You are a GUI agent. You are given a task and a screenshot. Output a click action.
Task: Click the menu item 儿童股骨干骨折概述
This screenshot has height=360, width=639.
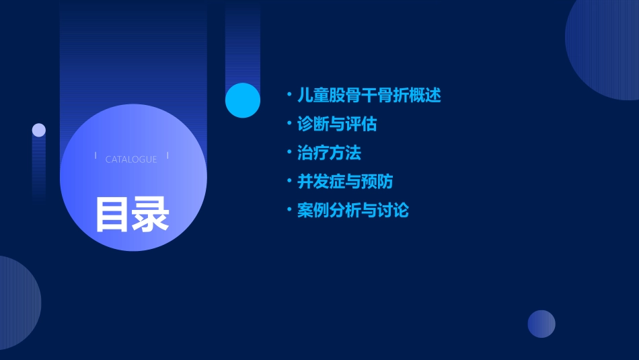[369, 96]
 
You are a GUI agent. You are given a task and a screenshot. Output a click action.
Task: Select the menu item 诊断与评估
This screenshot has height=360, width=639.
[337, 124]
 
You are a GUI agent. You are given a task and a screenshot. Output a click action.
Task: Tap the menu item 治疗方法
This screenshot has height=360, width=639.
[329, 153]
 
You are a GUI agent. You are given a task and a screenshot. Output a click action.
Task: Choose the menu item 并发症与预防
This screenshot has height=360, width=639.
[345, 182]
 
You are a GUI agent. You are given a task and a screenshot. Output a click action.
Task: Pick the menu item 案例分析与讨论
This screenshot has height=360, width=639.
[352, 211]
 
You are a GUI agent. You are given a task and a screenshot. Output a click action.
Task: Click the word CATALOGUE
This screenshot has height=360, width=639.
[131, 159]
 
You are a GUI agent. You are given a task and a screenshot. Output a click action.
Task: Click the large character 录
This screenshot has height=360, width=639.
[150, 214]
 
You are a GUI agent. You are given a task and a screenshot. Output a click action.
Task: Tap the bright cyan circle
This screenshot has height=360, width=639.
[243, 100]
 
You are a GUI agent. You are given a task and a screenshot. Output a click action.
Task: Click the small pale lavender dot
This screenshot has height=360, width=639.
[39, 130]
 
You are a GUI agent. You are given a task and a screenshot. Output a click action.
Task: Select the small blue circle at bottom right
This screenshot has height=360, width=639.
[541, 324]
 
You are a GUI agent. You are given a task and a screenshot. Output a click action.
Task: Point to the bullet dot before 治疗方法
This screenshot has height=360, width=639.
[289, 153]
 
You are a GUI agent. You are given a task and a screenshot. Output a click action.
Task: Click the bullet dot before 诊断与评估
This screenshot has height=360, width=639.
[289, 124]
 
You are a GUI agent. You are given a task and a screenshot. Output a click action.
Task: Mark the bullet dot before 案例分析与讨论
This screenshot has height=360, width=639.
[289, 211]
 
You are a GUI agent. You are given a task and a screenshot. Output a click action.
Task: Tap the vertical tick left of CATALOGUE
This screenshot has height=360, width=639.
[96, 156]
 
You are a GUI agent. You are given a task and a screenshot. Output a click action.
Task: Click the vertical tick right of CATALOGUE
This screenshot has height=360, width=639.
[167, 156]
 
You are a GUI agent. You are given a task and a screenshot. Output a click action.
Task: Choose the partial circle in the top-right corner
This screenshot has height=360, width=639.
[605, 47]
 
